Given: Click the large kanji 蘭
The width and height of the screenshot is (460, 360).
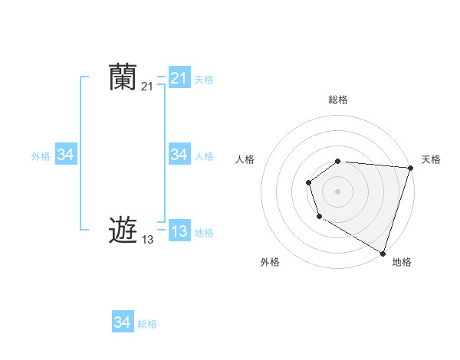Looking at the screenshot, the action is point(123,78).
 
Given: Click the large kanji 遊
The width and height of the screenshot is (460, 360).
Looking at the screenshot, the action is point(123,230).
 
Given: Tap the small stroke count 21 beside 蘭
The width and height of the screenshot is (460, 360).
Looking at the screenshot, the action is point(147,87).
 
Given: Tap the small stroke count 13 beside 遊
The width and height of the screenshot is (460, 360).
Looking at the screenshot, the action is point(147,240).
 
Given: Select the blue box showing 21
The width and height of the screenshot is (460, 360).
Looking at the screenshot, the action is point(179,78).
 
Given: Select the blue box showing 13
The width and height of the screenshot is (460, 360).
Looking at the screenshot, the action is point(179,231).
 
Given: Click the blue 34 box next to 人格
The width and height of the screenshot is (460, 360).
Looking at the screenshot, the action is point(179,155).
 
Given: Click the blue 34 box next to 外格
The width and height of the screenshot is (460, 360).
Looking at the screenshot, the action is point(65,155).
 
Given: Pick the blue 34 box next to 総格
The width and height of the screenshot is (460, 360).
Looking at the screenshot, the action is point(122,322).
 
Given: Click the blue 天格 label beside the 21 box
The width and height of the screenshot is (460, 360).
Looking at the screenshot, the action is point(204,80).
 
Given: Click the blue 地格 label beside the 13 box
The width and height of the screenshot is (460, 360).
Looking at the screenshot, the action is point(204,233).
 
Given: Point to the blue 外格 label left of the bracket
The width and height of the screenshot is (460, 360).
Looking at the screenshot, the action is point(41,156).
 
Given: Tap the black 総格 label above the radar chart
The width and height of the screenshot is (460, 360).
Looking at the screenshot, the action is point(338,100).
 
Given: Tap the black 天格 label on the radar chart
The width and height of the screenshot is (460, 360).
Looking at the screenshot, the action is point(431,159).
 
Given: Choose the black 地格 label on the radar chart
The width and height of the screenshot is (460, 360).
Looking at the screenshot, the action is point(402,262).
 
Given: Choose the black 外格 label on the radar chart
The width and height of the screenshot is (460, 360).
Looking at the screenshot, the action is point(270,262).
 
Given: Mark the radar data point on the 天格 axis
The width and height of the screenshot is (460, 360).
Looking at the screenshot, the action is point(410,168).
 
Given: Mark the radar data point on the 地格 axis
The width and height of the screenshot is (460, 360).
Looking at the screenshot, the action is point(383,253).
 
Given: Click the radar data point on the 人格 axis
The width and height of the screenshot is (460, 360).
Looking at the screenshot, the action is point(308,182).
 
